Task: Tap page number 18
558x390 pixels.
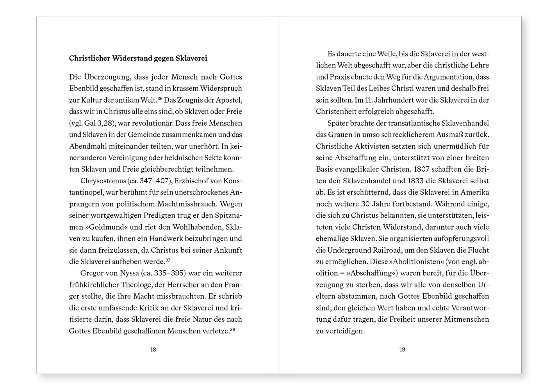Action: click(153, 349)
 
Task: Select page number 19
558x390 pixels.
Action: click(402, 349)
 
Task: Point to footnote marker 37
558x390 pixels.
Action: click(168, 260)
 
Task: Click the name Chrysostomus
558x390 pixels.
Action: click(103, 181)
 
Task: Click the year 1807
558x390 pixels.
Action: click(424, 169)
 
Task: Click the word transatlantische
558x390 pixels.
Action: click(415, 123)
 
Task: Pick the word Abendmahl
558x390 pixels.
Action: click(88, 146)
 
